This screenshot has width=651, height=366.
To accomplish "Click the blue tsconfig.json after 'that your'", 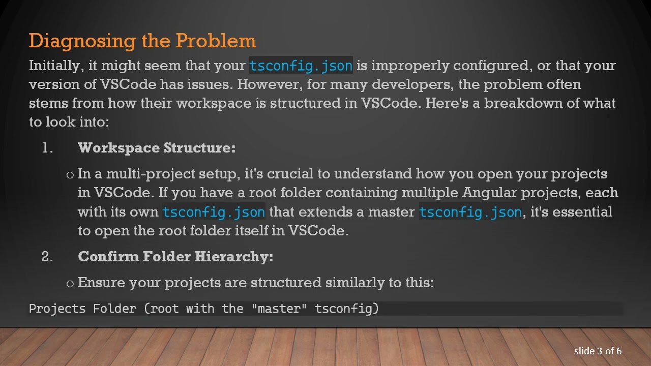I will (301, 66).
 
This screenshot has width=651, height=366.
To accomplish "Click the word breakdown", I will (521, 103).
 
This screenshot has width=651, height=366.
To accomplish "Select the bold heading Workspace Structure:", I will (157, 148).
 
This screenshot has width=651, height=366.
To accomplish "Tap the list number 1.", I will (47, 148).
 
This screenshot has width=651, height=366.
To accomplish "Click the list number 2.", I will (47, 257).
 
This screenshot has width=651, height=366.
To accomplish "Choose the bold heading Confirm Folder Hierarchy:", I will (175, 257).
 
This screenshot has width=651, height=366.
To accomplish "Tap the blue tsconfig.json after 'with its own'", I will (214, 212).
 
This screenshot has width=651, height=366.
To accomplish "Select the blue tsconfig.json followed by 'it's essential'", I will (470, 212).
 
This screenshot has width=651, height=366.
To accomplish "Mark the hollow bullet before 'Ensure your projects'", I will (70, 284).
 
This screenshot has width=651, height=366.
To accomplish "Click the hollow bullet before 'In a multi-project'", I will (70, 175).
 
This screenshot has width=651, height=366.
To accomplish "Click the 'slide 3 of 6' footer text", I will (598, 351).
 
